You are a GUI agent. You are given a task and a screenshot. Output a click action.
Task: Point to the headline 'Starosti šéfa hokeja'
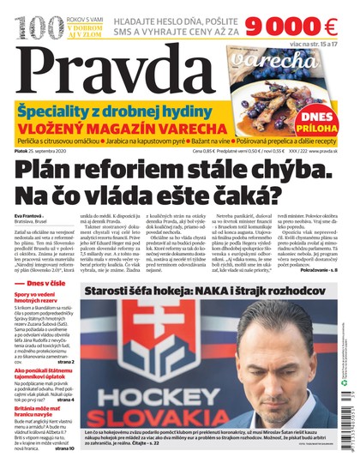click(154, 316)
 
